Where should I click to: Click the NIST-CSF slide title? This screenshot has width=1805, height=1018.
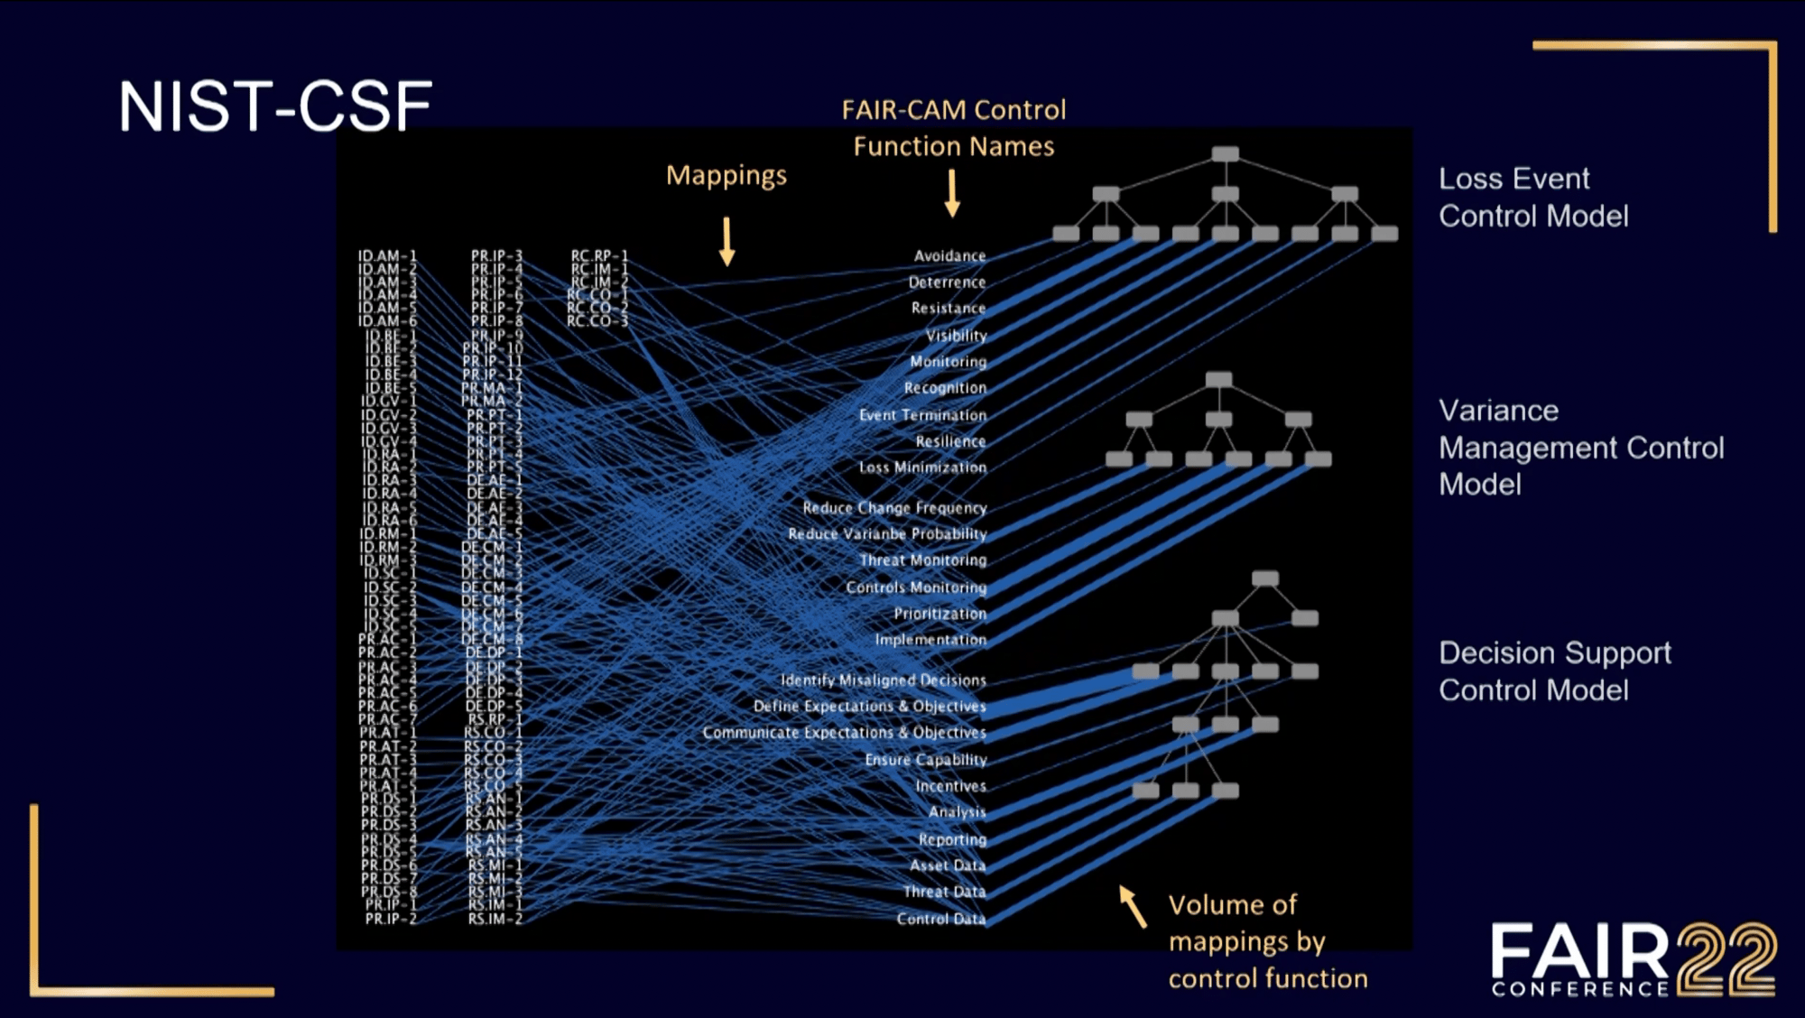(x=275, y=106)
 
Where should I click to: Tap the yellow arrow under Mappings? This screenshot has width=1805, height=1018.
(x=727, y=241)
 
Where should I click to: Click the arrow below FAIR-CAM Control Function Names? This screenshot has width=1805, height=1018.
(x=951, y=194)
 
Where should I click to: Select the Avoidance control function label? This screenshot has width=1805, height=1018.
(x=949, y=256)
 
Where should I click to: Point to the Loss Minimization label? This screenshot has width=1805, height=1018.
(x=922, y=467)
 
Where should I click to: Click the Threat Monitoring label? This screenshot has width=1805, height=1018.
(x=923, y=560)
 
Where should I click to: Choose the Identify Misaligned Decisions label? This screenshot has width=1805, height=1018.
(x=883, y=680)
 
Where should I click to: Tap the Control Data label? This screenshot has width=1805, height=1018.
(x=940, y=919)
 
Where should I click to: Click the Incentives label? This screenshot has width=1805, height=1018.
(x=950, y=786)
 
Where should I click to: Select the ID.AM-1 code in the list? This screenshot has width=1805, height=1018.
(x=387, y=256)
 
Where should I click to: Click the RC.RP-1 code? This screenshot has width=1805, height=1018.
(x=599, y=256)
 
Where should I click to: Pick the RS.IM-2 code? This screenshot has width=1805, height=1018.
(x=495, y=919)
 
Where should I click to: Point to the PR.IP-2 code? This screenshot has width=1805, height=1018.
(x=391, y=919)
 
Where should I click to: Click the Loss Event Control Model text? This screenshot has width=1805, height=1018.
(x=1532, y=198)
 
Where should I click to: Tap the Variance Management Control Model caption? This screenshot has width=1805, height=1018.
(x=1580, y=448)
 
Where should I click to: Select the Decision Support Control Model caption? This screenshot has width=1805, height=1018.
(x=1554, y=671)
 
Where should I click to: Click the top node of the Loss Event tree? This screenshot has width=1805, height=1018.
(x=1225, y=154)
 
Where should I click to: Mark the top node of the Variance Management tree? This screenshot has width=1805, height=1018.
(x=1218, y=379)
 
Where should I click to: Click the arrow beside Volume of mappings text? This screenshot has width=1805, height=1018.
(x=1133, y=906)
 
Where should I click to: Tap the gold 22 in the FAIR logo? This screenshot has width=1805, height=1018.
(x=1726, y=958)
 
